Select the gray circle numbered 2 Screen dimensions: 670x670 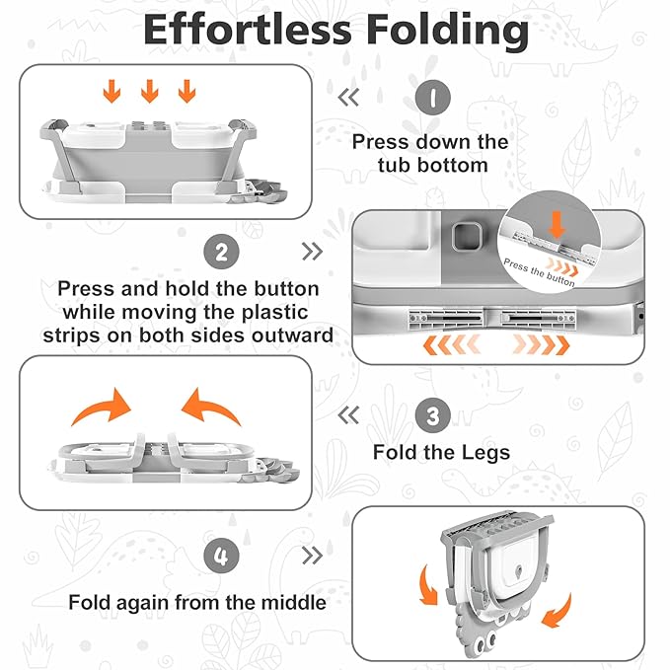(221, 251)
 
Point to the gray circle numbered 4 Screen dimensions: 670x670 (221, 557)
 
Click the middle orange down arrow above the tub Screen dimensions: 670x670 (149, 93)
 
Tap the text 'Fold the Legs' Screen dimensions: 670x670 (441, 453)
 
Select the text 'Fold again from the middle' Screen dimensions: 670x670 (196, 601)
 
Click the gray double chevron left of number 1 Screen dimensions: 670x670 (347, 97)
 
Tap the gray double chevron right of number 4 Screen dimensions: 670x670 (312, 557)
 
